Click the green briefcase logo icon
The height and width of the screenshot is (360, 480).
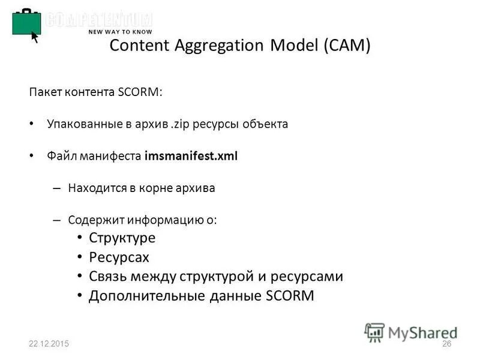click(x=26, y=23)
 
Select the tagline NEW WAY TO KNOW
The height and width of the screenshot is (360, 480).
click(x=120, y=32)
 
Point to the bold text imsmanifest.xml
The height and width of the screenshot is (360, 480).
click(x=191, y=156)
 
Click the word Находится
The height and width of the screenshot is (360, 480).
click(x=95, y=188)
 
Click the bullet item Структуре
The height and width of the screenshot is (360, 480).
click(x=122, y=238)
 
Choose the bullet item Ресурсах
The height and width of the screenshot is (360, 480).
click(x=119, y=257)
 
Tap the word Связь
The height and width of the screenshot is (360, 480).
click(x=108, y=277)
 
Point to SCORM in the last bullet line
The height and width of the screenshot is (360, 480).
click(x=290, y=296)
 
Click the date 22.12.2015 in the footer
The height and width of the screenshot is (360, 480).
click(x=49, y=344)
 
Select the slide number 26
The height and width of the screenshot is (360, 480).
click(x=446, y=344)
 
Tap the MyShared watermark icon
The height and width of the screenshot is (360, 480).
click(x=374, y=332)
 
